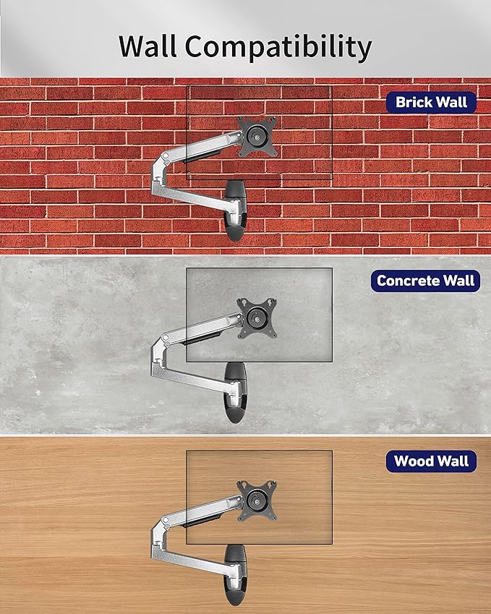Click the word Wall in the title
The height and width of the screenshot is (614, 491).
pyautogui.click(x=148, y=46)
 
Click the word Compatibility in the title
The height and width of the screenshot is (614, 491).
pyautogui.click(x=278, y=48)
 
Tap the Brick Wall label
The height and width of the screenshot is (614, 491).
pyautogui.click(x=431, y=102)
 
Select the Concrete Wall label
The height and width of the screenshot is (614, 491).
pyautogui.click(x=425, y=281)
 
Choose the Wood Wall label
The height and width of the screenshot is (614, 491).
pyautogui.click(x=431, y=461)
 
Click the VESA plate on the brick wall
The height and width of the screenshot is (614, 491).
pyautogui.click(x=257, y=136)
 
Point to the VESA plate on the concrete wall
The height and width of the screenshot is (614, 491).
pyautogui.click(x=257, y=318)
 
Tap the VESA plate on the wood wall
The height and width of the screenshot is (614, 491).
pyautogui.click(x=257, y=500)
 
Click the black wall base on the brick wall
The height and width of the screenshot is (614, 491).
pyautogui.click(x=235, y=210)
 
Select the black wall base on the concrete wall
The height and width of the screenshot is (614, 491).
pyautogui.click(x=235, y=393)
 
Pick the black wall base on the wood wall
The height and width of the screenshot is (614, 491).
pyautogui.click(x=235, y=575)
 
